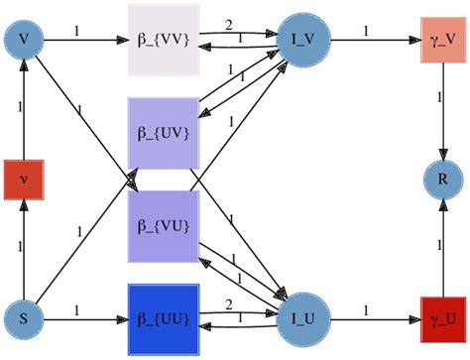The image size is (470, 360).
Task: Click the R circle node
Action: [x=441, y=180]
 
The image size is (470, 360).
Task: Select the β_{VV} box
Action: [x=165, y=41]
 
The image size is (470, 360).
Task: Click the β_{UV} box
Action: [x=165, y=132]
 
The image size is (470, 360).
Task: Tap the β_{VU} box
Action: [x=165, y=226]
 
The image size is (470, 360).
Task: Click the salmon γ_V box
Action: [x=441, y=41]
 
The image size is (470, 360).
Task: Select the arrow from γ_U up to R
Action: [x=441, y=248]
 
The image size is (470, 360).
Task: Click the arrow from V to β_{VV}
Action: [x=89, y=41]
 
